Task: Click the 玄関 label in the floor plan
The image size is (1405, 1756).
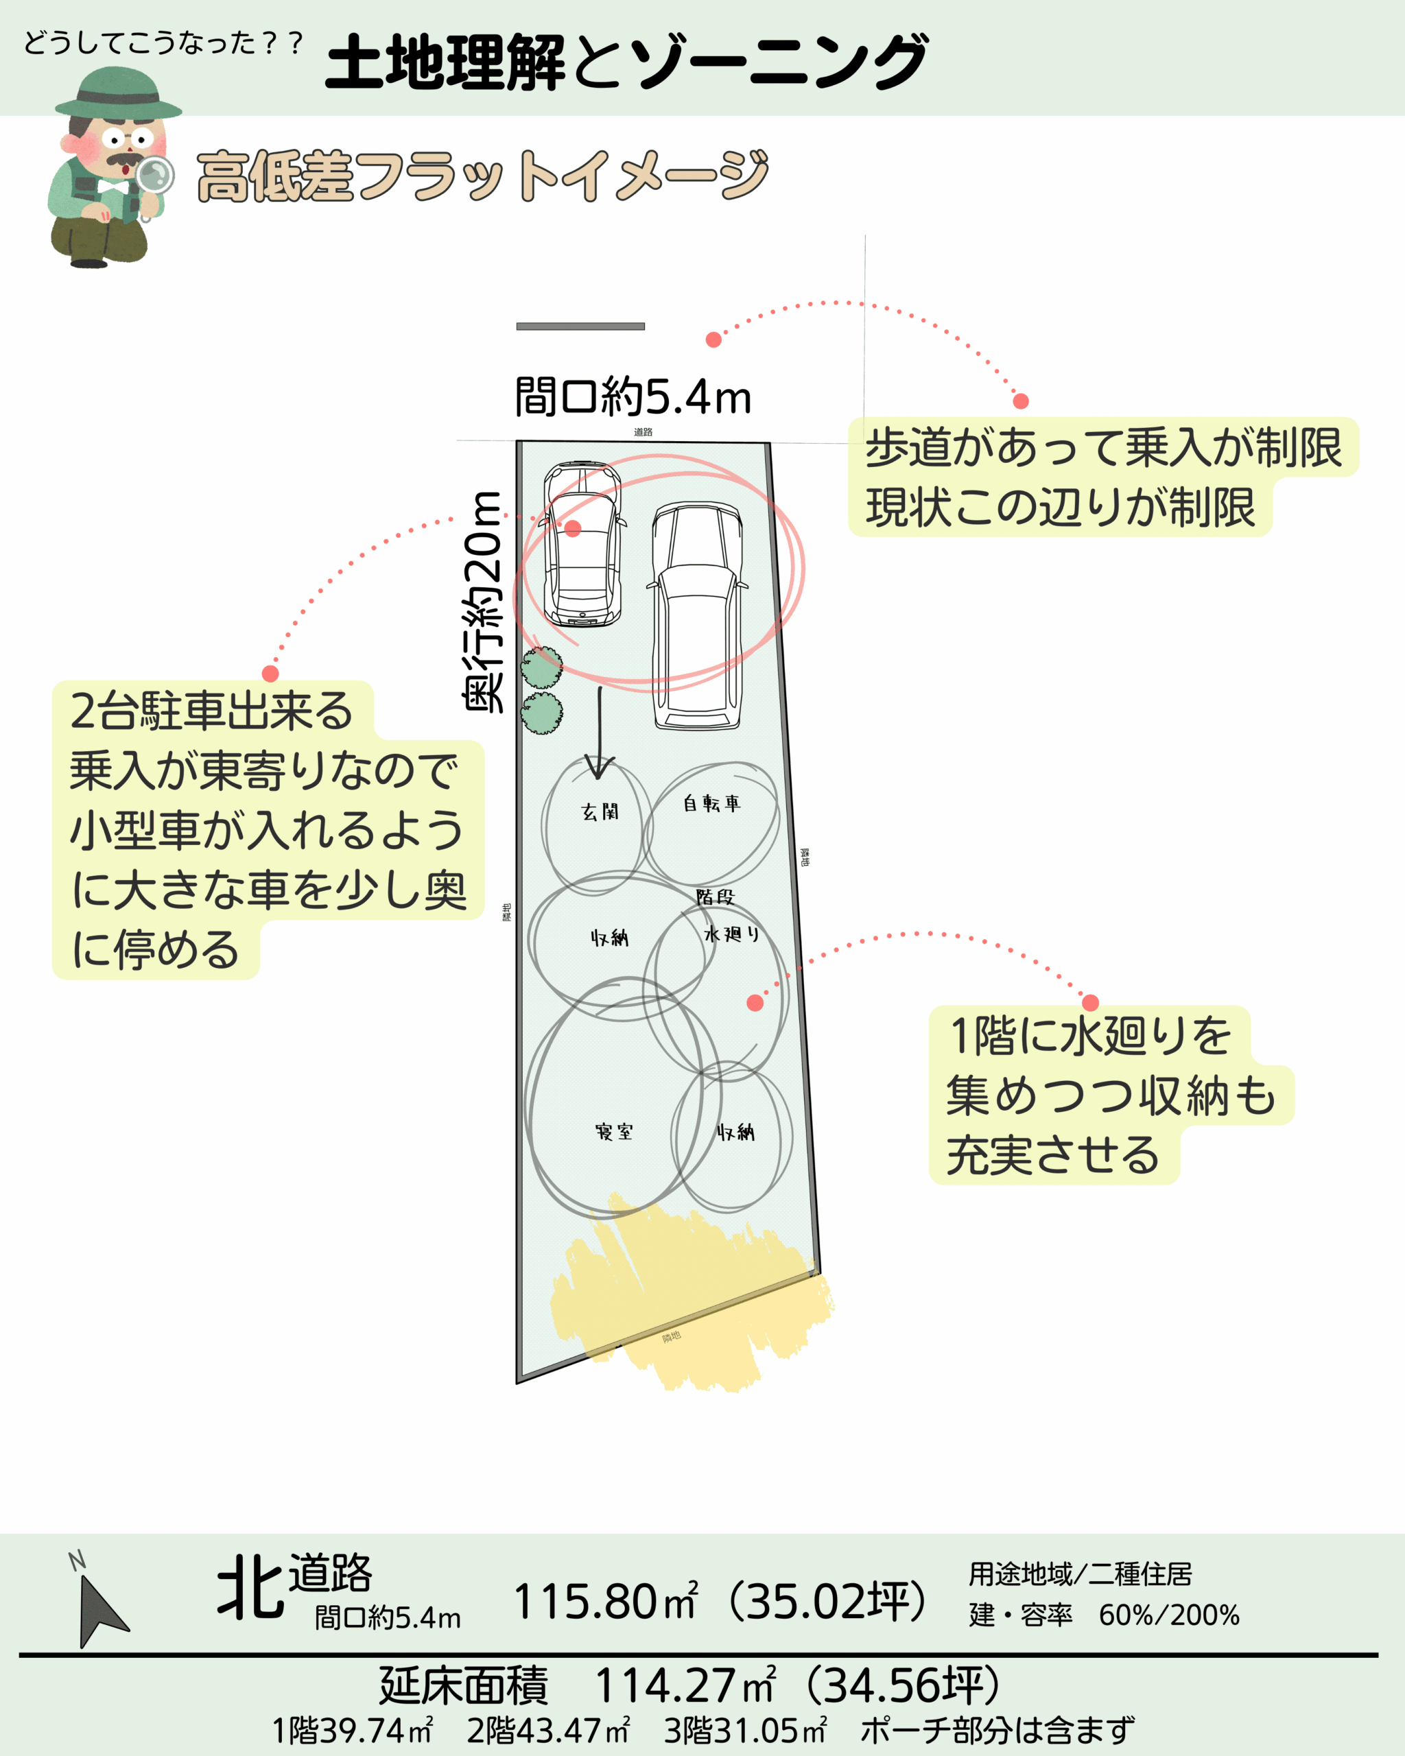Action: coord(600,811)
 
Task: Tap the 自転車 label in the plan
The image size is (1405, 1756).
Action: coord(711,803)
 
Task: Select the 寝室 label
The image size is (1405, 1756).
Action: coord(613,1131)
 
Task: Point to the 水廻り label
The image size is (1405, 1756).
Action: coord(731,934)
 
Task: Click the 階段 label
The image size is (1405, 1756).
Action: coord(714,897)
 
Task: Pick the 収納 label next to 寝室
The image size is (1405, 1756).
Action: coord(735,1131)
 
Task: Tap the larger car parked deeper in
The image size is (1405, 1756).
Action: coord(696,615)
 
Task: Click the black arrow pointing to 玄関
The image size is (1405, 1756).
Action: coord(600,733)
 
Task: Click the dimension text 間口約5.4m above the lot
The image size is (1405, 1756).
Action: coord(632,397)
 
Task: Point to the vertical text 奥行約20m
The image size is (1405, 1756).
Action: coord(483,603)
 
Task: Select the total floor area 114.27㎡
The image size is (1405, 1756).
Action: coord(684,1686)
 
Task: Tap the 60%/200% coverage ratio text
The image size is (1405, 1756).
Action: coord(1169,1614)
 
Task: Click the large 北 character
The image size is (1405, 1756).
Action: coord(250,1587)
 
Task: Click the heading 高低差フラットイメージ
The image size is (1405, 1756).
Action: coord(482,175)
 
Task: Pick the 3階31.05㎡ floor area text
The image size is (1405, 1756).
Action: coord(745,1730)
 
